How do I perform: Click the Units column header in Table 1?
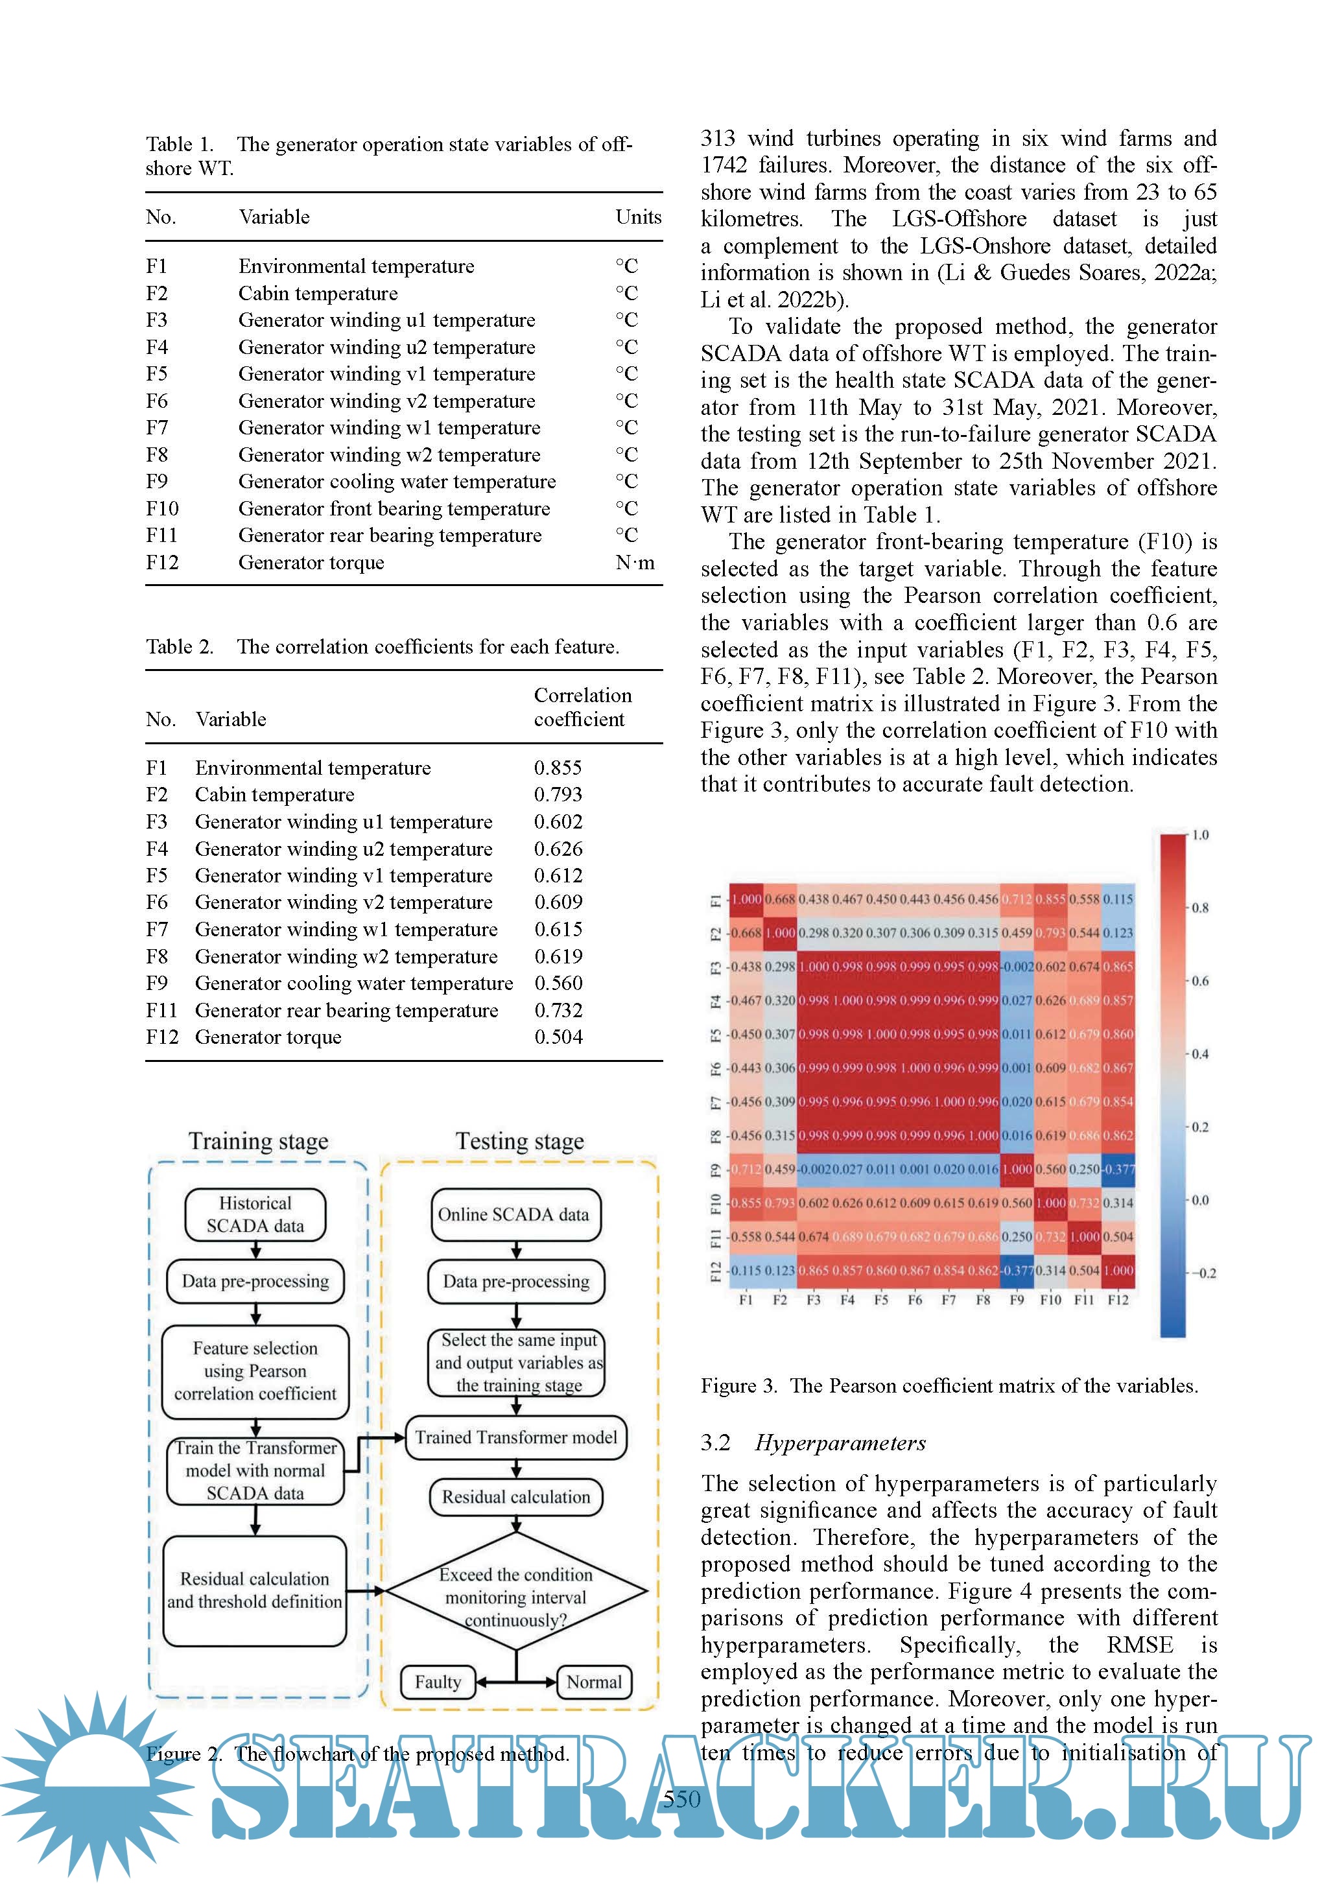coord(638,217)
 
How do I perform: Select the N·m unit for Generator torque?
coord(635,563)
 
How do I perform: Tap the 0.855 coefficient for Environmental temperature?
coord(558,768)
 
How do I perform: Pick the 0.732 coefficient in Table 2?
coord(558,1011)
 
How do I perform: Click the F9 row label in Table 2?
coord(157,984)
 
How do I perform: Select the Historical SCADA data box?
coord(255,1214)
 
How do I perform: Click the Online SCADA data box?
coord(515,1214)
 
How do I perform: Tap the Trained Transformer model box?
coord(515,1437)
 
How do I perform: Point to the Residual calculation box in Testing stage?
coord(515,1497)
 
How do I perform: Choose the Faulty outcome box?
coord(438,1682)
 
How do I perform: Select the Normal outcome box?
coord(593,1682)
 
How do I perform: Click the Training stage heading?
coord(259,1142)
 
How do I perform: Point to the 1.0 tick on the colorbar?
coord(1200,835)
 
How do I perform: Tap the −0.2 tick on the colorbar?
coord(1203,1273)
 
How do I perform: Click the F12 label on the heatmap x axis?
coord(1118,1301)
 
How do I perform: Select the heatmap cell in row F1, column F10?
coord(1050,899)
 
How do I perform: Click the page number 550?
coord(681,1800)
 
